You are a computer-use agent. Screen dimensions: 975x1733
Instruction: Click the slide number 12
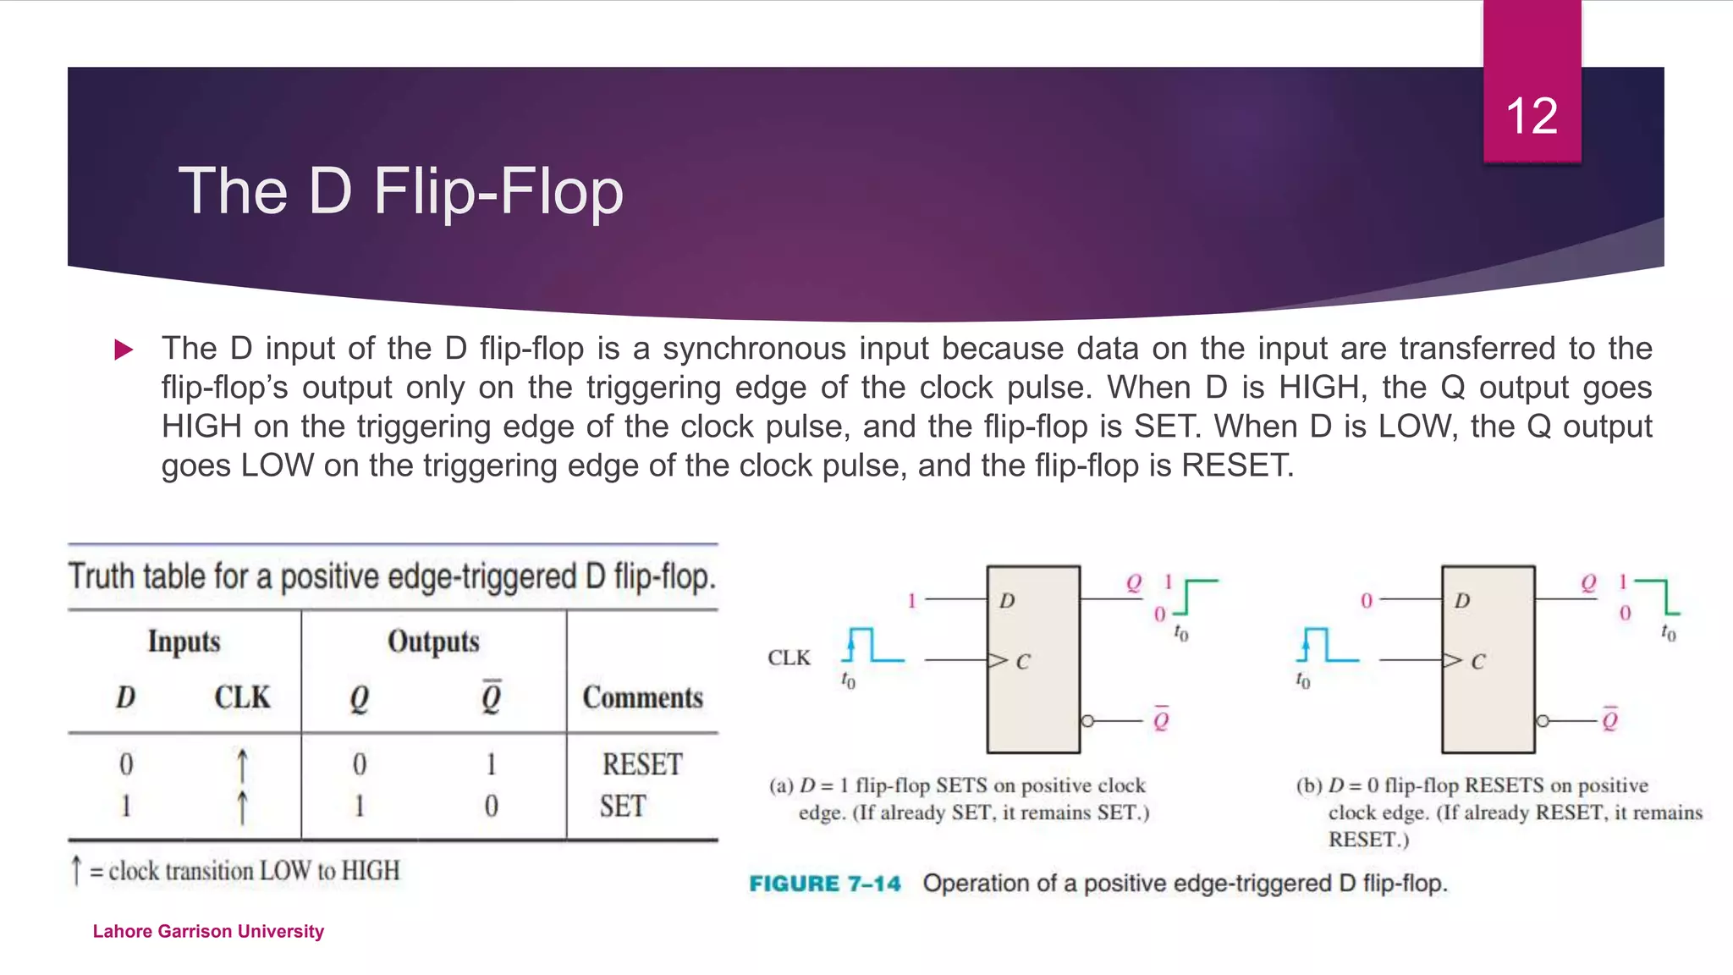1532,116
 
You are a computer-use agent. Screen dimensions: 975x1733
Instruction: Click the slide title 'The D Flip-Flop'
400,191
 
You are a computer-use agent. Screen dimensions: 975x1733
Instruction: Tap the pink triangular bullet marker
124,350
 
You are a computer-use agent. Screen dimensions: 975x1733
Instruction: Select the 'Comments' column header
642,697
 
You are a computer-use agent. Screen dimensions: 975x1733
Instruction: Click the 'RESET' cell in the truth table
641,764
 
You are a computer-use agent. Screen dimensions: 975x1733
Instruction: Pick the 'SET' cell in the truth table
623,806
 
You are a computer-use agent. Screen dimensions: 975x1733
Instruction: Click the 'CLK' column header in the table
242,697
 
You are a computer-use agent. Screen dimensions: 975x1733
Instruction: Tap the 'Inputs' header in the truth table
184,642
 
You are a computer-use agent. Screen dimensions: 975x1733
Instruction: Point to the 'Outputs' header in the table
433,642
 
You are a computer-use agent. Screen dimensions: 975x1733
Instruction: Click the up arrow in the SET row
242,807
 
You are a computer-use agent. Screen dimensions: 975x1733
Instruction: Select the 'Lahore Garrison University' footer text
208,931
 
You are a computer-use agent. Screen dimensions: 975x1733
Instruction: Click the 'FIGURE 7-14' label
825,884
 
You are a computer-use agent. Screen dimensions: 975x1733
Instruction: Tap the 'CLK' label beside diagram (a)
789,658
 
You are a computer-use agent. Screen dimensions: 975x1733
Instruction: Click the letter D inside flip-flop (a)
1007,601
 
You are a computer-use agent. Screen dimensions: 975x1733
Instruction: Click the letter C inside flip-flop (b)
1477,662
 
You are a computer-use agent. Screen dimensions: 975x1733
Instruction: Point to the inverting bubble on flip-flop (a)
1087,721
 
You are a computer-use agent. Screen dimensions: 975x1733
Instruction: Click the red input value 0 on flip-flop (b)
1366,601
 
